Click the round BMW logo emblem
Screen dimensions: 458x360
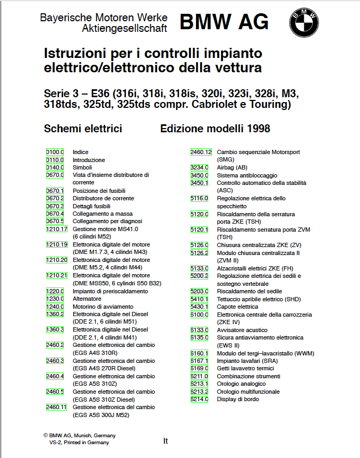point(304,22)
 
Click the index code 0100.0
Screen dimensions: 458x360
point(55,152)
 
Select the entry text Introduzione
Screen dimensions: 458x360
point(89,160)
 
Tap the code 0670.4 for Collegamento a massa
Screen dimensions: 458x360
point(55,214)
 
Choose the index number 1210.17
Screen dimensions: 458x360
point(57,229)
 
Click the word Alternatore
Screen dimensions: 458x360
point(87,299)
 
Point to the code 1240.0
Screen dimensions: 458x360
point(55,307)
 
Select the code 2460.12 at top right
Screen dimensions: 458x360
point(201,152)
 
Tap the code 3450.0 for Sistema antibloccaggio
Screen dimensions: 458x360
point(199,175)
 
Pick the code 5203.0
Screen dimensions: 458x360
point(199,291)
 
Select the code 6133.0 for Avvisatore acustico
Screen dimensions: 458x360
point(199,330)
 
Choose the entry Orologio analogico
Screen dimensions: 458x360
point(241,384)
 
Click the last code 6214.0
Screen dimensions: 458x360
point(199,399)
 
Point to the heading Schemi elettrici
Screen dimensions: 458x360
point(83,129)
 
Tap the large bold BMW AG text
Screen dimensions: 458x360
point(224,22)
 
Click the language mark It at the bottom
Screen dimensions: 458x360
point(166,440)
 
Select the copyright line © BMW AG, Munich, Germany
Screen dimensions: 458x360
point(80,435)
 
